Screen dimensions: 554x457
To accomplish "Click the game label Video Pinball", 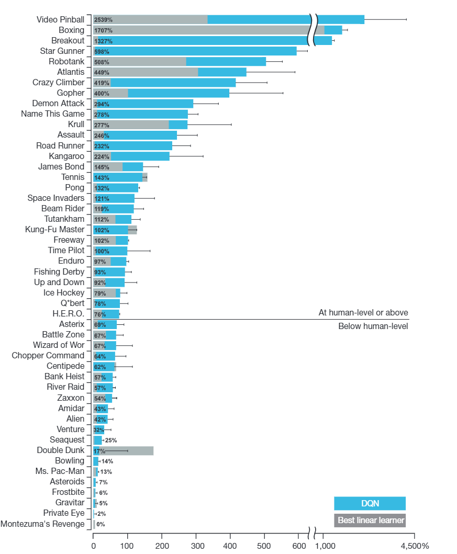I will coord(60,19).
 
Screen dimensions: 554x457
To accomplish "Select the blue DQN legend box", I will coord(370,503).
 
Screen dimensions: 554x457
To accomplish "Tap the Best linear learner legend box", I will coord(370,521).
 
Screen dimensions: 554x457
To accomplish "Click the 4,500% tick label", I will coord(414,546).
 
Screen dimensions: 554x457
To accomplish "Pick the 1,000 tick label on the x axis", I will coord(325,546).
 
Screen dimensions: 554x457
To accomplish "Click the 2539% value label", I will coord(103,20).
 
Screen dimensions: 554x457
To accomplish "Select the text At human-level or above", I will coord(363,313).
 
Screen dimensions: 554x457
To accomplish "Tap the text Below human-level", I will coord(373,326).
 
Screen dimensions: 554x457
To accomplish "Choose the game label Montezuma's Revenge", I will coord(42,524).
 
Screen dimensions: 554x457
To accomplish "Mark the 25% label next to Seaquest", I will coord(110,440).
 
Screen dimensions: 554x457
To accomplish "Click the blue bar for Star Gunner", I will coord(209,51).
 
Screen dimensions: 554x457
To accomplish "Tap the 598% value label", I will coord(102,51).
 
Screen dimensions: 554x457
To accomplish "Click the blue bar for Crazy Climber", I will coord(173,82).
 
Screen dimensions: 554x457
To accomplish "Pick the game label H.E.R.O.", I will coord(68,313).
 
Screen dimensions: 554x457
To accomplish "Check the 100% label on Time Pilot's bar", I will coord(102,251).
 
